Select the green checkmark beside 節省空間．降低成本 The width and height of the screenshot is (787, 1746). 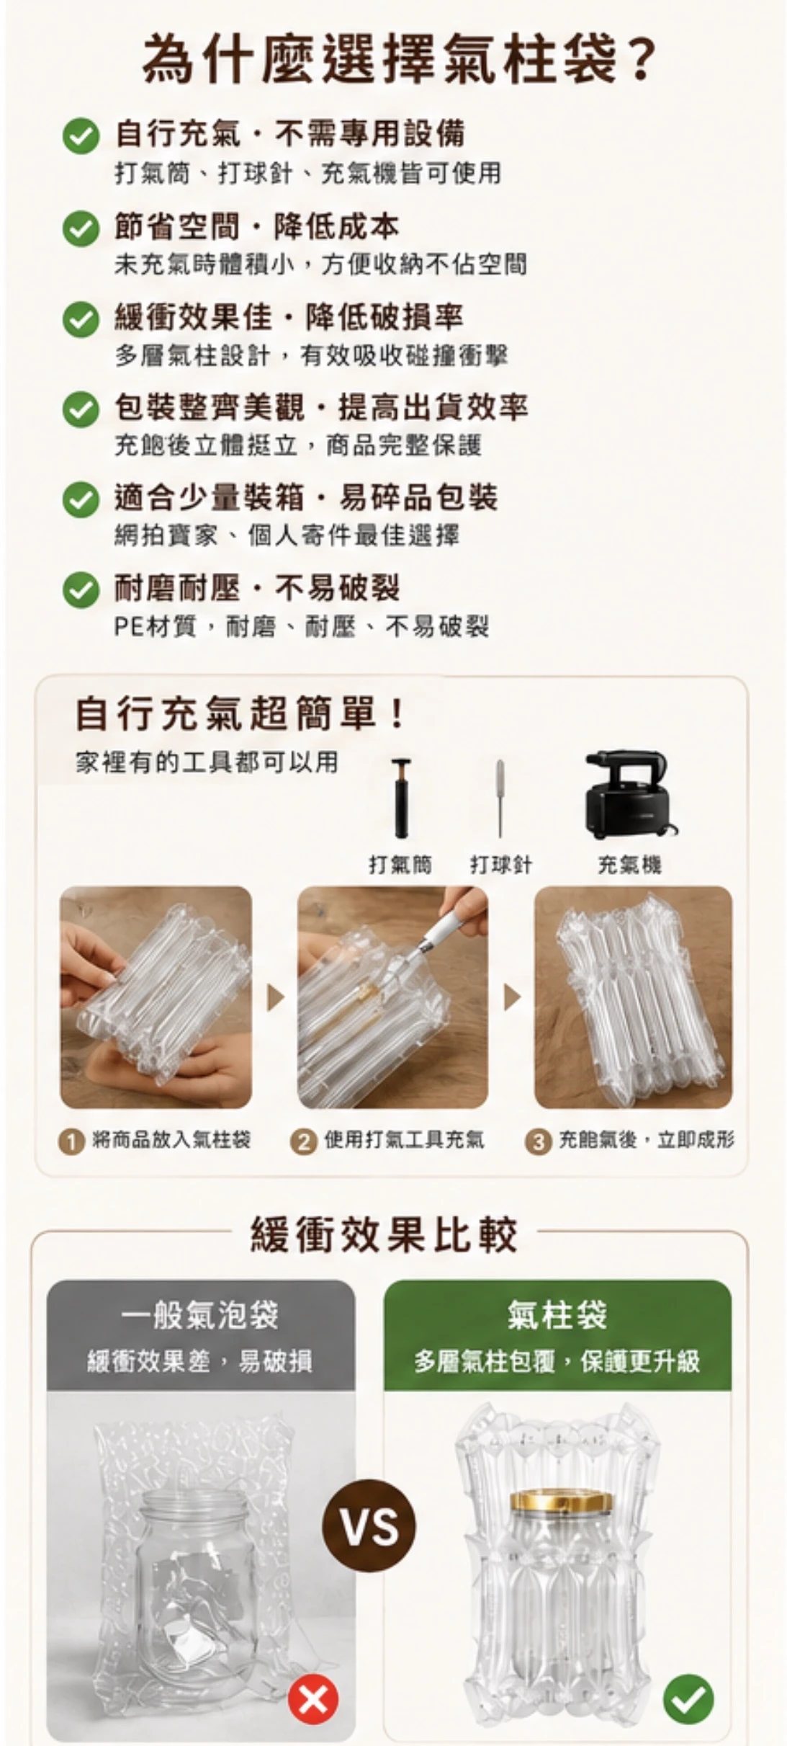pos(81,228)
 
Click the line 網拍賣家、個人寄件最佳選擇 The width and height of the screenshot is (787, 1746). pos(287,535)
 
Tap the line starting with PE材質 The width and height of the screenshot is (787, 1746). pos(302,626)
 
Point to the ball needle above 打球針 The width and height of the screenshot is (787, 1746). pos(500,798)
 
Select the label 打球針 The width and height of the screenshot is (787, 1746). pos(501,864)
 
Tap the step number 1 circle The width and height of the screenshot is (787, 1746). pos(71,1143)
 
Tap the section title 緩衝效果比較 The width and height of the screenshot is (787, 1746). pos(384,1234)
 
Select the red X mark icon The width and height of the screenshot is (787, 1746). pos(313,1700)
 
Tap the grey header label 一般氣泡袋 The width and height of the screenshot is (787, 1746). pos(200,1316)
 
